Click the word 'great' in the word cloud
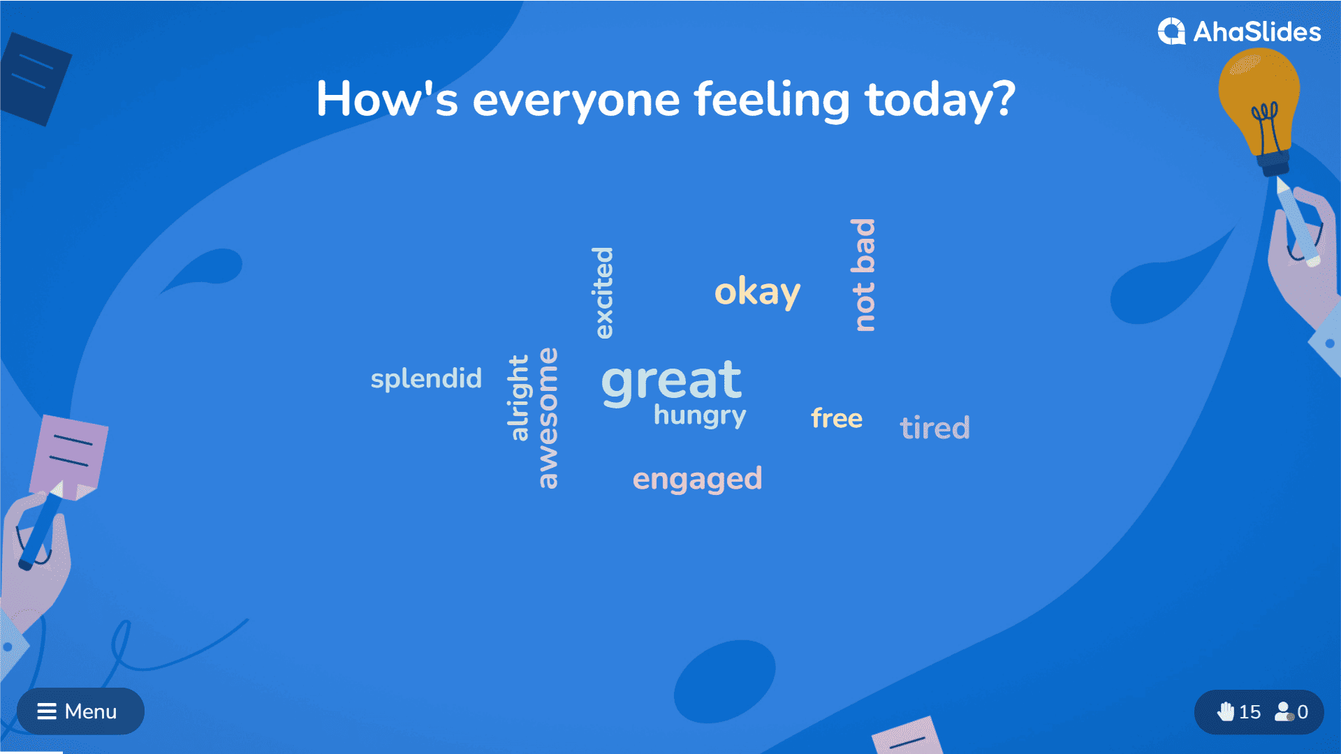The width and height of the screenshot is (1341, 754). point(671,382)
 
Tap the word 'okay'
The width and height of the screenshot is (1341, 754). point(757,292)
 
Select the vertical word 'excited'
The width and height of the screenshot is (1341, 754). point(603,293)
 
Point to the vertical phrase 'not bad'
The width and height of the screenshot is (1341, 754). point(863,275)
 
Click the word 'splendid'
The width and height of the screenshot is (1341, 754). point(426,379)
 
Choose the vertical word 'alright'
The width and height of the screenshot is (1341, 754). point(519,398)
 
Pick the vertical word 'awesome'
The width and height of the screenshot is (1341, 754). point(548,417)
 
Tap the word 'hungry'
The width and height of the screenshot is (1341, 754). point(700,416)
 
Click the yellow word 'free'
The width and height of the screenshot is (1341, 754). point(837,418)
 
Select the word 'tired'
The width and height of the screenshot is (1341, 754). point(935,427)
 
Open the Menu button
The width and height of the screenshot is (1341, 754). point(80,711)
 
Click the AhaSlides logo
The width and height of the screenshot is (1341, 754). point(1239,31)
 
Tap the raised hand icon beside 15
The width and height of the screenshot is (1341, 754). point(1226,711)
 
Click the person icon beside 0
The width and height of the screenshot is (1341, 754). point(1284,711)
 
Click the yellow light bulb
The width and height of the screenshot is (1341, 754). point(1259,105)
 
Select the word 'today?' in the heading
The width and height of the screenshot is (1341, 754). point(940,100)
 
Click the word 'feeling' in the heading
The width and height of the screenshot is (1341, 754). point(772,100)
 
